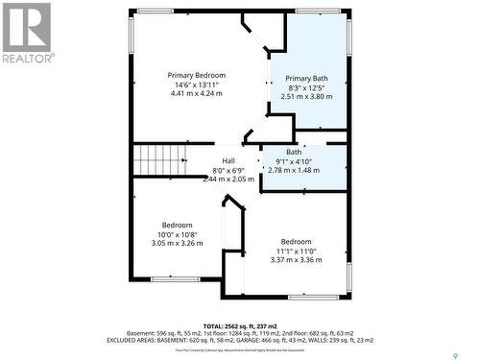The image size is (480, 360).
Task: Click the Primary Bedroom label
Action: pos(196,75)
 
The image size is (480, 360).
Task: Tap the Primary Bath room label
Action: pos(306,78)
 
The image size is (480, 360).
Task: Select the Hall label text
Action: pos(228,160)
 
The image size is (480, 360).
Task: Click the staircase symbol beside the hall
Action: pos(156,159)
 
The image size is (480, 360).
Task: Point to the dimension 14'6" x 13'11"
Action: pos(196,84)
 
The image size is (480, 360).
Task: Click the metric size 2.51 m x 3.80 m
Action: pos(306,96)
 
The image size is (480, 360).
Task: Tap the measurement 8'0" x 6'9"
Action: pos(228,170)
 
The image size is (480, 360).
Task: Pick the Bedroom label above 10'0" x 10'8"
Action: pos(177,225)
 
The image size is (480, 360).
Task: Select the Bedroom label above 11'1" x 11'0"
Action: pos(296,241)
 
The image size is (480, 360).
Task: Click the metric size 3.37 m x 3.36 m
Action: pos(296,259)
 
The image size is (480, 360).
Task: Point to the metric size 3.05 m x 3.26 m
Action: pos(177,243)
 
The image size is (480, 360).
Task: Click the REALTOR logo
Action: pos(26,33)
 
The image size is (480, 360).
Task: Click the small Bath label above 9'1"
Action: pos(293,152)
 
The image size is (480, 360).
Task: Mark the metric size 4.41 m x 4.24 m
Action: pos(196,94)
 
